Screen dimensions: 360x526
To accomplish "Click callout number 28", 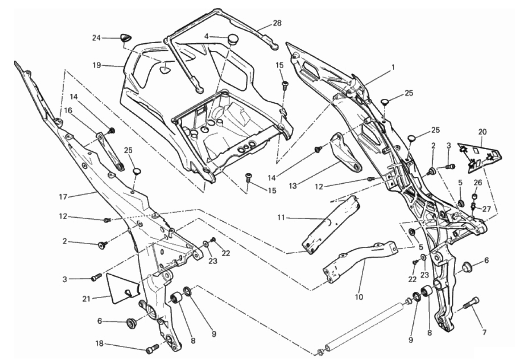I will pyautogui.click(x=277, y=22).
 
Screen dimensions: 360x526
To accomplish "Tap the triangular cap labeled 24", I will pyautogui.click(x=125, y=37).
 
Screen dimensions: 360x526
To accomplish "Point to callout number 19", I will pyautogui.click(x=96, y=66).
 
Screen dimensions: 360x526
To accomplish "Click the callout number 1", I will pyautogui.click(x=393, y=67).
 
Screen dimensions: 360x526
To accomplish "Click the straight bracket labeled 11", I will pyautogui.click(x=331, y=225).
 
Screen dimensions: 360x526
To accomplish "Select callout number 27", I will pyautogui.click(x=487, y=209).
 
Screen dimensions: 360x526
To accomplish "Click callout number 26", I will pyautogui.click(x=478, y=182).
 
